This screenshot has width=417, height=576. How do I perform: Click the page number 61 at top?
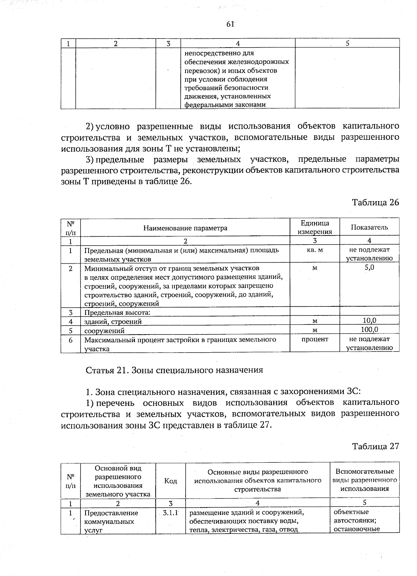pos(230,24)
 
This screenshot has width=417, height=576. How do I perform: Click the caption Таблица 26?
pos(375,202)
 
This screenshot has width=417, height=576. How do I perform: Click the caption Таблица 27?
pos(375,446)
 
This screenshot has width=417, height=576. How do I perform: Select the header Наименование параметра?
pos(185,228)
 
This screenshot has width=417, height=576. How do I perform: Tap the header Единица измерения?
pos(315,227)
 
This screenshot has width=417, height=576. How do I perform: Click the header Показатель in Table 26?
pos(369,227)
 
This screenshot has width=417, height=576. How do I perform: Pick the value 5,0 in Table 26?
pos(369,268)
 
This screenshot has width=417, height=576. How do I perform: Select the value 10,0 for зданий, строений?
pos(369,321)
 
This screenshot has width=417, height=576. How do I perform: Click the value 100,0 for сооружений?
pos(369,329)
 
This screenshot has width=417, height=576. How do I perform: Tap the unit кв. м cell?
pos(315,250)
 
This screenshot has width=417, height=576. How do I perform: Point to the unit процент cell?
pos(315,339)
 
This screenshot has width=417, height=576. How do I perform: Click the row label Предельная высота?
pos(117,312)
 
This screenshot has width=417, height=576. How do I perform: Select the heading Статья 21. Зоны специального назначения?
pos(174,370)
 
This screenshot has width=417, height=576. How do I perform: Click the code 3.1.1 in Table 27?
pos(170,512)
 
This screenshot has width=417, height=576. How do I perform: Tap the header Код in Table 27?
pos(170,481)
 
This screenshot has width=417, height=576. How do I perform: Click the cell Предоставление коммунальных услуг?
pos(111,521)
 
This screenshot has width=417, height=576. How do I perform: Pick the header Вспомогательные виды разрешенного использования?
pos(365,480)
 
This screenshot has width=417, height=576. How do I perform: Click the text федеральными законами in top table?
pos(225,105)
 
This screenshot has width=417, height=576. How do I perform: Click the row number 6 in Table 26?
pos(71,340)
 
